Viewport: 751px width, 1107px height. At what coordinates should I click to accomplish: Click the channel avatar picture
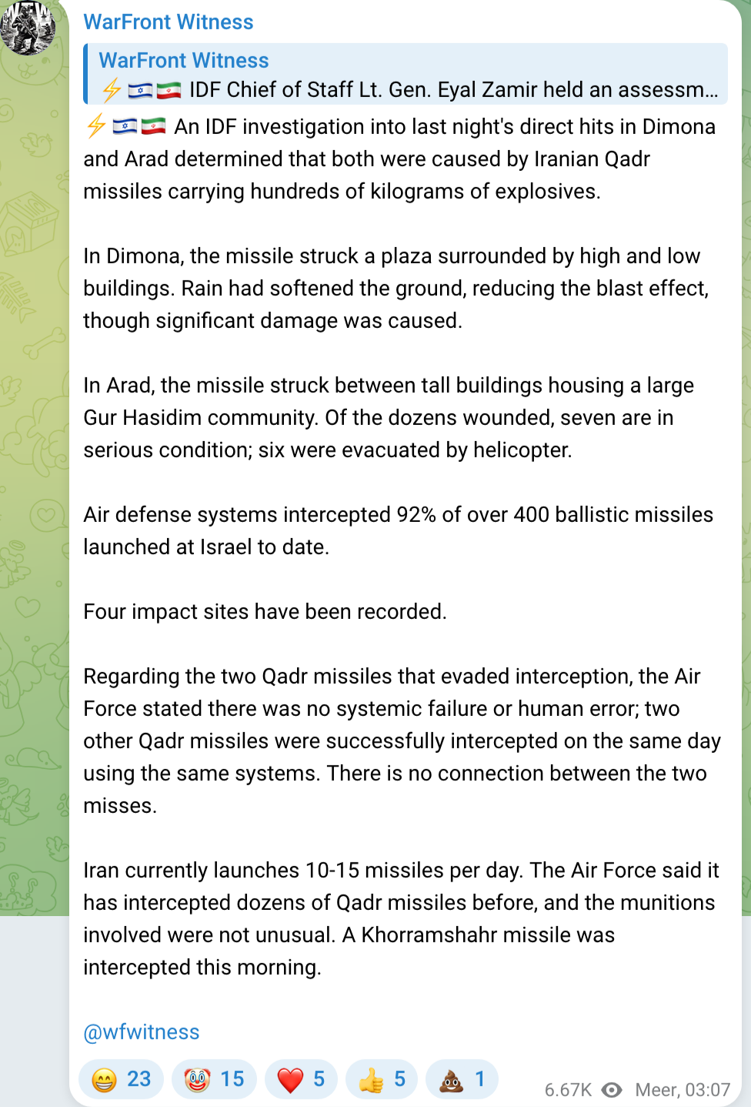pos(28,28)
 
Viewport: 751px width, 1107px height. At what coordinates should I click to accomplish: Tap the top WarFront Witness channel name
pos(169,22)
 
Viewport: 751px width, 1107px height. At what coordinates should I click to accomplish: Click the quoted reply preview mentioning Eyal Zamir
pos(408,75)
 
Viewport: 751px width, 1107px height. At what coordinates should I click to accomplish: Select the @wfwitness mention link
pos(142,1032)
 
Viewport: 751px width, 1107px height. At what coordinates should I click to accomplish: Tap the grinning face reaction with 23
pos(122,1079)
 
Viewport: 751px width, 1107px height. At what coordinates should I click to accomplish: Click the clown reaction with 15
pos(214,1079)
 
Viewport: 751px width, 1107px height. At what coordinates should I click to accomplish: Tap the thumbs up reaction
pos(382,1079)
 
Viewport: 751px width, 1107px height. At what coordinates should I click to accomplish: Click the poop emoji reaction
pos(462,1079)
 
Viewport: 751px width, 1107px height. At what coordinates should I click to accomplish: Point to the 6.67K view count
pos(568,1089)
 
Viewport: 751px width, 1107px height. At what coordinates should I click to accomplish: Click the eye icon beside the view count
pos(612,1089)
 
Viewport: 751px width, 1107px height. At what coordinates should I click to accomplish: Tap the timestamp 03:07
pos(707,1089)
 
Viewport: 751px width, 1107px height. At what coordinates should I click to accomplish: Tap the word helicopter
pos(522,450)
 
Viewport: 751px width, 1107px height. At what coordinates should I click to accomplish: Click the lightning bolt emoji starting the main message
pos(95,126)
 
